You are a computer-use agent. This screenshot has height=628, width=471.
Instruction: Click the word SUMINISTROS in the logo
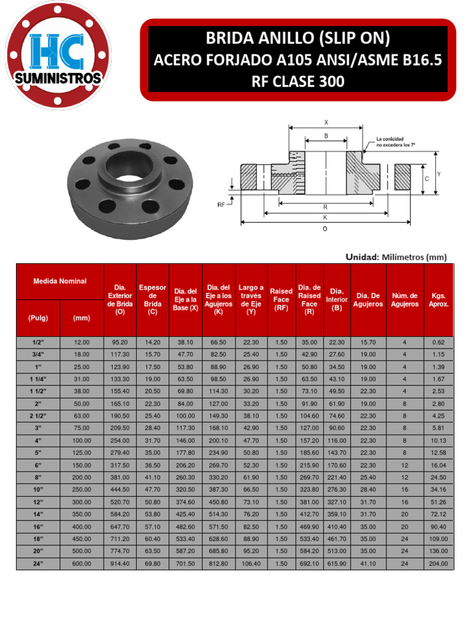[x=59, y=79]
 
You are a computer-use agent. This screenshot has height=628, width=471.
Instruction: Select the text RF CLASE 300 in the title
[x=298, y=81]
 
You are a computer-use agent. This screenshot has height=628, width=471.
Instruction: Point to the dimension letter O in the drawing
[x=325, y=229]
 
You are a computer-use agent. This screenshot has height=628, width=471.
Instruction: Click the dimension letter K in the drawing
[x=325, y=218]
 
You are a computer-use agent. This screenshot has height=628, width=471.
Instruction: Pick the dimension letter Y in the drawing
[x=438, y=174]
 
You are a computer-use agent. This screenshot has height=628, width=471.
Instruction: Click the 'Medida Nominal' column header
[x=60, y=281]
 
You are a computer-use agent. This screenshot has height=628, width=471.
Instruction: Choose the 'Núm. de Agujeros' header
[x=405, y=300]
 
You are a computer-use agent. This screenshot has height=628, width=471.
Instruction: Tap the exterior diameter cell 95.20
[x=120, y=342]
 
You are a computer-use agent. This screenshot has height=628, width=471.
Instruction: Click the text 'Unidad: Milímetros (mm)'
[x=396, y=257]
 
